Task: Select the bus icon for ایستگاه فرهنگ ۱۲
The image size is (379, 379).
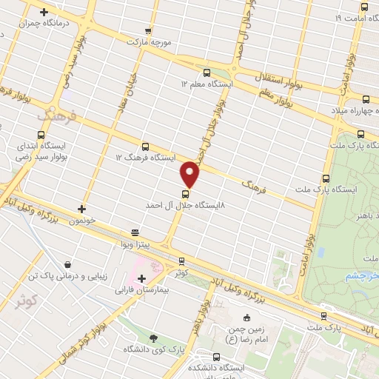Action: click(x=144, y=147)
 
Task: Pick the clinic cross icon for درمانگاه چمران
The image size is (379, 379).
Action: click(x=44, y=13)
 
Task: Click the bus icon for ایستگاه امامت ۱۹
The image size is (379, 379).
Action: click(x=369, y=5)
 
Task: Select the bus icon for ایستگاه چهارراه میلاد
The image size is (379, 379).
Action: click(x=366, y=99)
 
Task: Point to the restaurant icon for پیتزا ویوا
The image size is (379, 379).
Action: click(x=134, y=231)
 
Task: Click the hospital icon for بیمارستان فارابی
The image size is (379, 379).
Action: click(x=141, y=278)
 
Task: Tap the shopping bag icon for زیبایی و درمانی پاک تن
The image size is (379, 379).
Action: click(x=68, y=264)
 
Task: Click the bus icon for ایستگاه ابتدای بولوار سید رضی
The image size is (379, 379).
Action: click(x=41, y=135)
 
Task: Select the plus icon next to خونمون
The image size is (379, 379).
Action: click(x=81, y=209)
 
